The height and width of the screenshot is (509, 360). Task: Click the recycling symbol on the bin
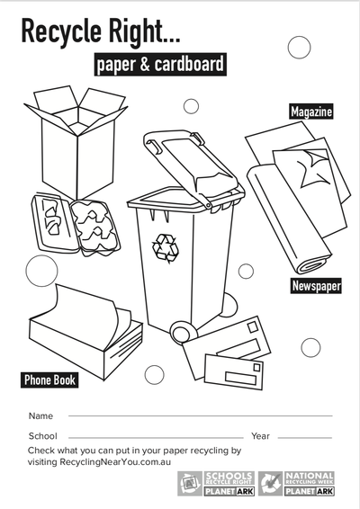click(166, 248)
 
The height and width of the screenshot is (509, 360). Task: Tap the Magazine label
click(310, 112)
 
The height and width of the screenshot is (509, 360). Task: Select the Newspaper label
click(316, 286)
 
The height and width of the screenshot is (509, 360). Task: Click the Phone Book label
click(49, 380)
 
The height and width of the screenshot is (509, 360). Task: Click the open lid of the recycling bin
click(192, 165)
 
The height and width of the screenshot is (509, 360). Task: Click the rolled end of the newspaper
click(313, 265)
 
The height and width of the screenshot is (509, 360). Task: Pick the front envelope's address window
click(240, 378)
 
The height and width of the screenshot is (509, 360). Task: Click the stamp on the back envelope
click(253, 327)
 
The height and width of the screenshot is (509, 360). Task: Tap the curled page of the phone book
click(86, 312)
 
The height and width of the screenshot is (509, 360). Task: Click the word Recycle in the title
click(61, 31)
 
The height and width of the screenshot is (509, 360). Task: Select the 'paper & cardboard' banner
click(160, 64)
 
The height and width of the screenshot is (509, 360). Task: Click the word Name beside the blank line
click(40, 415)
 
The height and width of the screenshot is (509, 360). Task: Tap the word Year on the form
click(260, 436)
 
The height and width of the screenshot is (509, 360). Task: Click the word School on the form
click(42, 436)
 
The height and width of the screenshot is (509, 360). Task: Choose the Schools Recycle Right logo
click(216, 484)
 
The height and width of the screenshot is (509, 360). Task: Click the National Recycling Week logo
click(297, 484)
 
